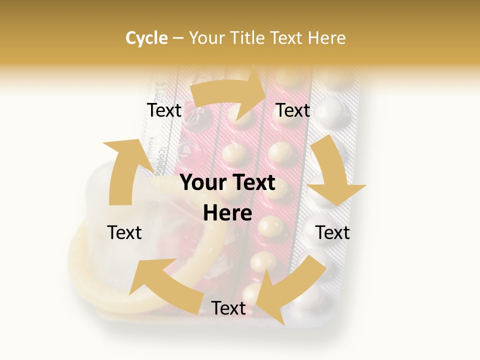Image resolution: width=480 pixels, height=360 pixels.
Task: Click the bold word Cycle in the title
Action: pos(146,38)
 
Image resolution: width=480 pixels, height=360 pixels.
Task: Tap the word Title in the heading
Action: pos(247,38)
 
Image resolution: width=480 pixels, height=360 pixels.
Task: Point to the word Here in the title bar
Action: pos(327,38)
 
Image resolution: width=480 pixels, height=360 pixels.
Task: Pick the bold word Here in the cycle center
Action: pos(227,213)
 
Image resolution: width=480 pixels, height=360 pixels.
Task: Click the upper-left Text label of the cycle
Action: pos(164,110)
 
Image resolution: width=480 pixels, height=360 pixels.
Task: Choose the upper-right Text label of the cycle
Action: pos(293,110)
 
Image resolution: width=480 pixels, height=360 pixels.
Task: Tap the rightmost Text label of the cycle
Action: pos(332,232)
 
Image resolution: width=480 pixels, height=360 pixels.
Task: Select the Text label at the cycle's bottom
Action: pos(228,308)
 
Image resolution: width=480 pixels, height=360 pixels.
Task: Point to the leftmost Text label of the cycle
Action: pos(125,232)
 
